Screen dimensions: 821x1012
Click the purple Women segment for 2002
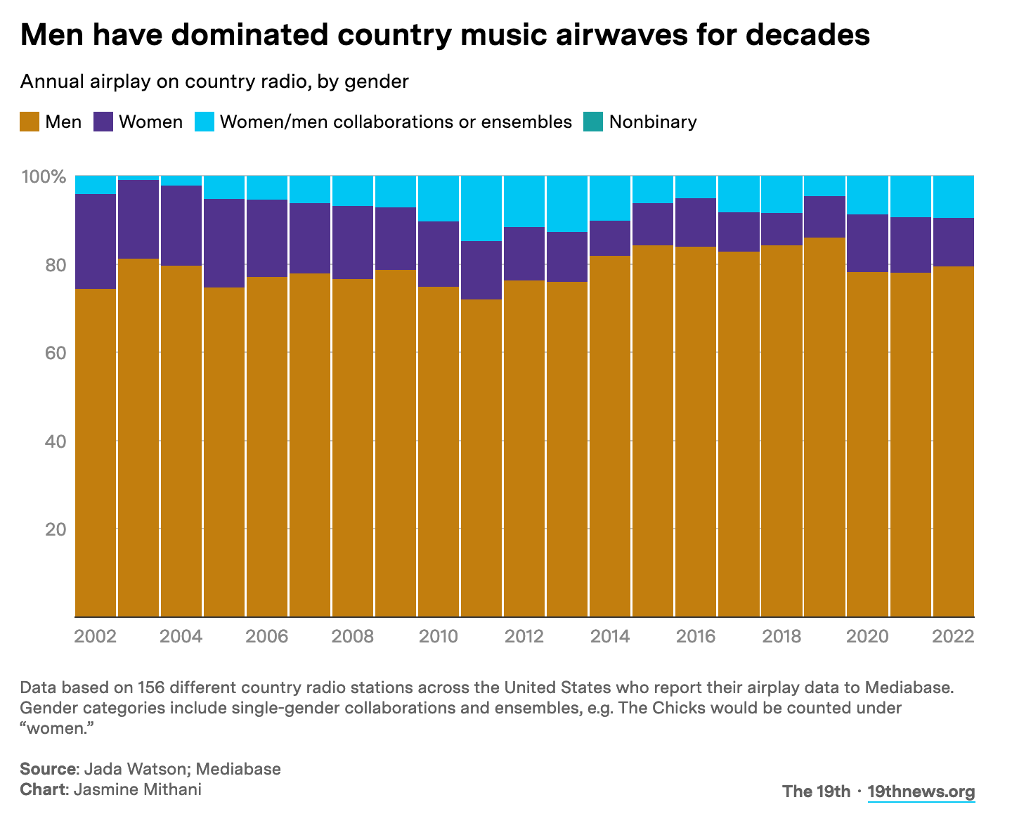click(96, 241)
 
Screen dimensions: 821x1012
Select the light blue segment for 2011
click(481, 208)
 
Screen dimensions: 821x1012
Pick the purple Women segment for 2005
click(224, 243)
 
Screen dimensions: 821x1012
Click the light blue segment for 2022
click(954, 197)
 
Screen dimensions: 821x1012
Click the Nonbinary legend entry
click(653, 122)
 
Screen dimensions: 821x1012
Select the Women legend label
click(150, 122)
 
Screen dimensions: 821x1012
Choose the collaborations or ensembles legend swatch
click(205, 122)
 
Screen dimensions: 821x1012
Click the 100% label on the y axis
click(44, 176)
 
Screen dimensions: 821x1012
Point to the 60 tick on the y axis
click(55, 353)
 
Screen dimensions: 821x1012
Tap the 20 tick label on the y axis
click(55, 529)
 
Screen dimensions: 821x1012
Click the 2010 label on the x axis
click(438, 637)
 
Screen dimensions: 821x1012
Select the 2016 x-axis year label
click(696, 637)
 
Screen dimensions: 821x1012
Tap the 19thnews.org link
click(921, 791)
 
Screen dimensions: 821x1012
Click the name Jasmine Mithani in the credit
click(137, 789)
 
